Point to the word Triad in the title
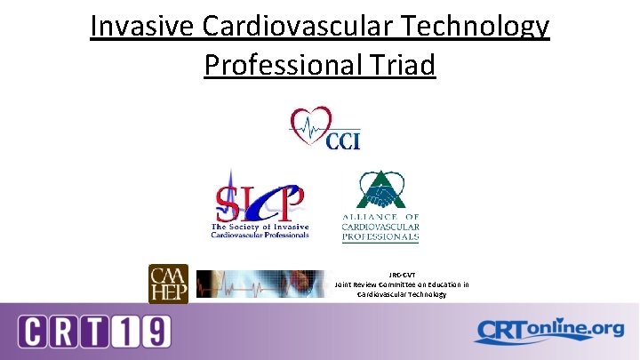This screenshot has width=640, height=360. point(404,65)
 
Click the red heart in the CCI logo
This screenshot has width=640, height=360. point(312,124)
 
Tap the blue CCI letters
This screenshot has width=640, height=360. point(343,141)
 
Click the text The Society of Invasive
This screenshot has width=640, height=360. point(260,228)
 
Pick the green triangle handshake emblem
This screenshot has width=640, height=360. point(380,195)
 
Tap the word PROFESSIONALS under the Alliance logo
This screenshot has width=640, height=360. point(380,238)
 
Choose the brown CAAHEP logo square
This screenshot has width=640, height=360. point(168,284)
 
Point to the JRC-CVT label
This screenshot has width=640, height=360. point(403,275)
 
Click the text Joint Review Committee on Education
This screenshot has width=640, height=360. point(403,284)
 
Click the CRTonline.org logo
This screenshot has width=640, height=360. point(548,331)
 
